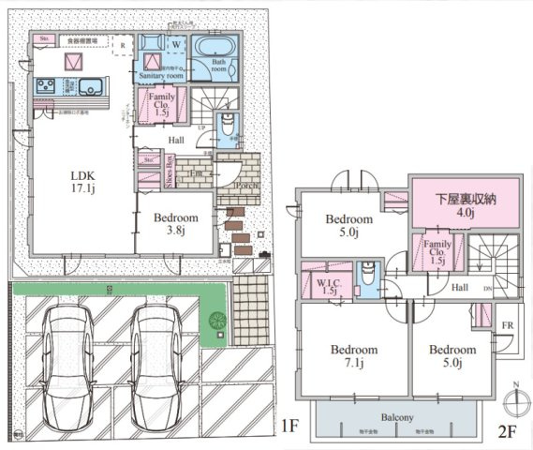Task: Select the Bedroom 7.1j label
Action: coord(352,355)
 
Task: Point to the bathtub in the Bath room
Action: coord(216,47)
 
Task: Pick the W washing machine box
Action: coord(174,43)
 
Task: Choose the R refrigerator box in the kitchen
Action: coord(123,44)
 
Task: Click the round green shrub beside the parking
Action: coord(218,318)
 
